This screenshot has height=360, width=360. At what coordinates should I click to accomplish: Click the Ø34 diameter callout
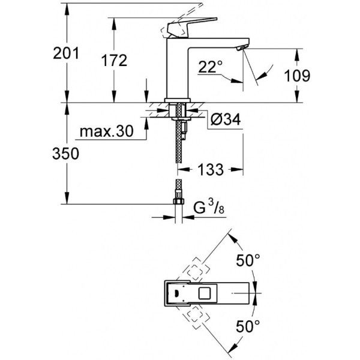(x=226, y=120)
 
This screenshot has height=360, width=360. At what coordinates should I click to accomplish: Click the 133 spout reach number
(x=210, y=170)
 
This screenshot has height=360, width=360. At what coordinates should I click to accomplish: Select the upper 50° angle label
(x=247, y=261)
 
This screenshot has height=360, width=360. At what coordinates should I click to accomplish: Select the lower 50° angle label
(x=247, y=327)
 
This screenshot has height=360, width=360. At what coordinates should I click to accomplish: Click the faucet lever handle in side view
(x=179, y=28)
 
